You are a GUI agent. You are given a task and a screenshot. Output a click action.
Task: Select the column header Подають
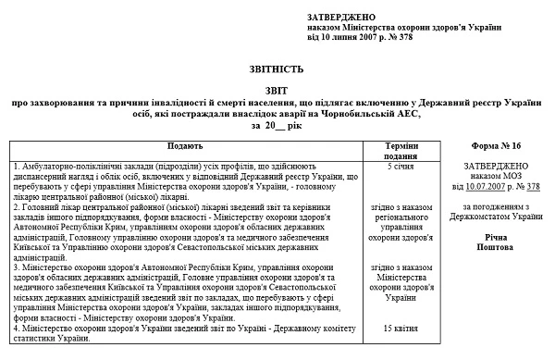[x=186, y=147]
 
